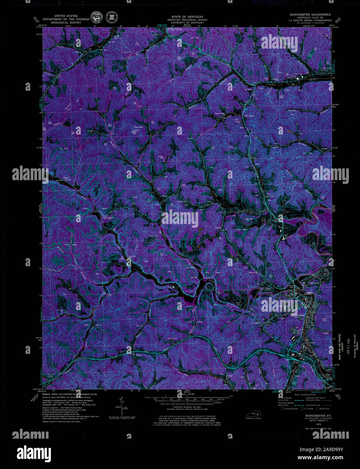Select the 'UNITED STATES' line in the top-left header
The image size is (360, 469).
[66, 16]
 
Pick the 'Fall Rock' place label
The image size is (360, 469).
[248, 116]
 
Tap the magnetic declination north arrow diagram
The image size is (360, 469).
[121, 407]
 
